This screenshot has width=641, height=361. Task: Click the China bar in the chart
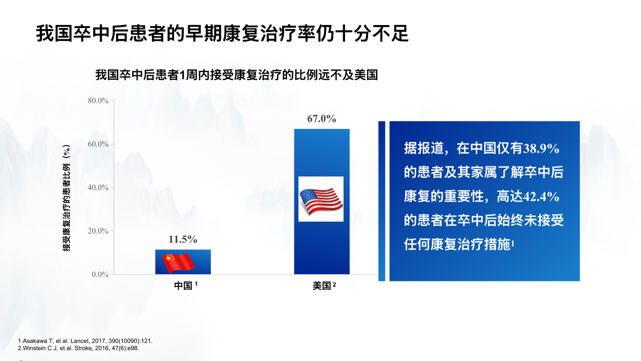(x=183, y=262)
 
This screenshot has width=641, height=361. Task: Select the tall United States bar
(x=322, y=202)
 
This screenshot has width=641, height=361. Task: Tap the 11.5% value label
(x=183, y=239)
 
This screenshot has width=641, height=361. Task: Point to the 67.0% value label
(x=322, y=119)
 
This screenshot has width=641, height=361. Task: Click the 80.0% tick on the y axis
(x=98, y=101)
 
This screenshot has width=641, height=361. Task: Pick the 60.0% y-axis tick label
(x=98, y=144)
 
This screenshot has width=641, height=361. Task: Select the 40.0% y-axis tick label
(x=98, y=188)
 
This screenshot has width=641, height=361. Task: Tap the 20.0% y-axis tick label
(x=98, y=231)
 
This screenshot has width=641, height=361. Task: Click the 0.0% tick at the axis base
(x=100, y=274)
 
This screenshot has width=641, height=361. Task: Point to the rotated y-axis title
(x=67, y=198)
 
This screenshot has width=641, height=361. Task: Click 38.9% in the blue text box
(x=541, y=149)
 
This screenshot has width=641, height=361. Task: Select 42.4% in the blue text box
(x=541, y=197)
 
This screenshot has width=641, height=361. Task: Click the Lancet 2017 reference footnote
(x=85, y=341)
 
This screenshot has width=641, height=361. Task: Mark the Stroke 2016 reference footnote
(x=79, y=348)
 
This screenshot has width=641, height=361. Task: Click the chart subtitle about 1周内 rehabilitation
(x=237, y=75)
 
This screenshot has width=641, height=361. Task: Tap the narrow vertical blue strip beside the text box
(x=382, y=201)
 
